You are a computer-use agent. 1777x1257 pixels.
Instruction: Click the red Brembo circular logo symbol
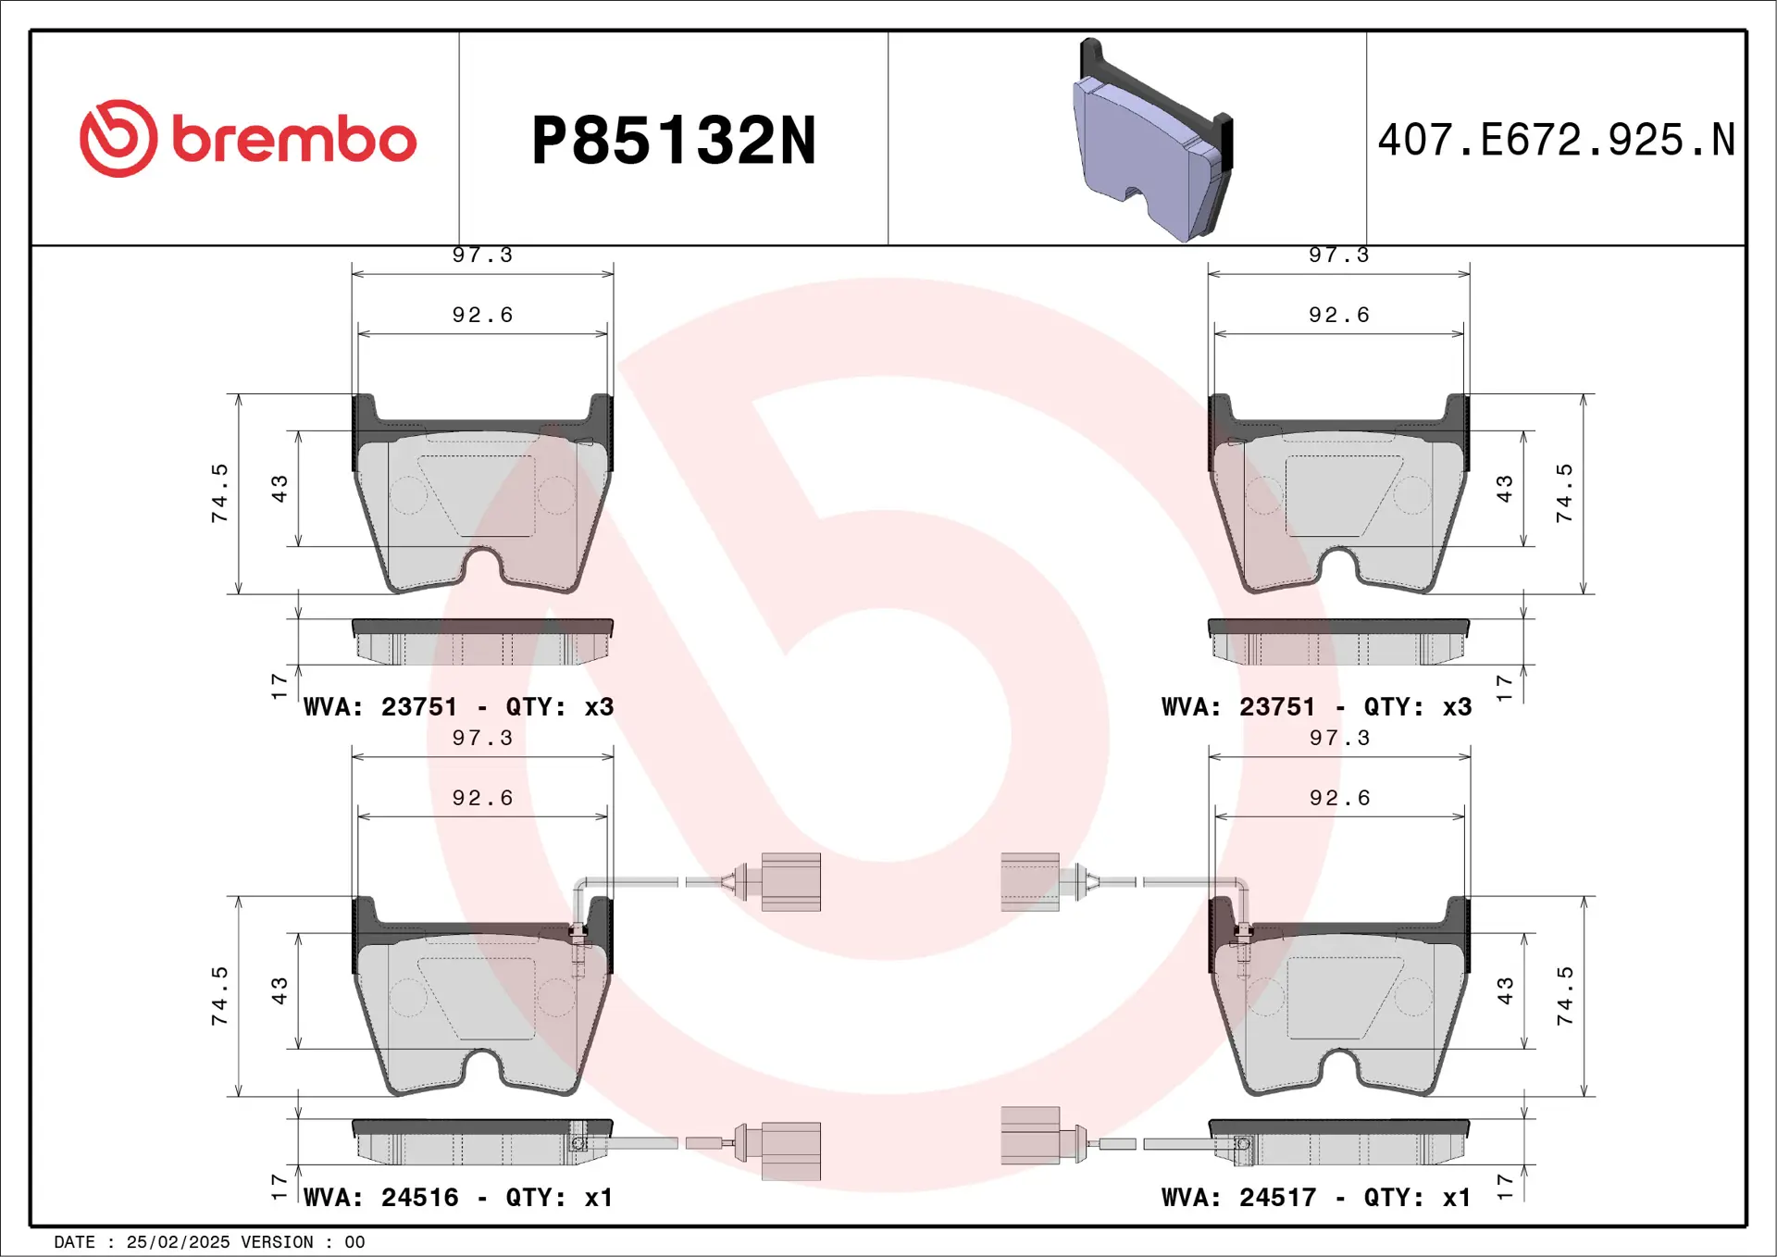point(118,139)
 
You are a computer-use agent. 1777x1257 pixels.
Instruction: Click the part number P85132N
point(674,141)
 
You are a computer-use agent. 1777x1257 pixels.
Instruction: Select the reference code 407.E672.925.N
point(1556,141)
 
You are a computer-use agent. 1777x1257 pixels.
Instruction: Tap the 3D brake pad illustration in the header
point(1153,143)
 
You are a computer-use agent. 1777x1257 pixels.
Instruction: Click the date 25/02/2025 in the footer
point(178,1242)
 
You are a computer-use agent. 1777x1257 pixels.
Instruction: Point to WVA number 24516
point(419,1198)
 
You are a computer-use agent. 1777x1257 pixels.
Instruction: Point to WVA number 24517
point(1277,1198)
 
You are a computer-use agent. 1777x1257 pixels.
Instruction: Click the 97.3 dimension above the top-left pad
point(481,255)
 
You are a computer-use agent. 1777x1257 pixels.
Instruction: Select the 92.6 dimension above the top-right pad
point(1338,315)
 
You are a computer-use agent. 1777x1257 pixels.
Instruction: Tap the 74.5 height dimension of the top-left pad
point(219,493)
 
